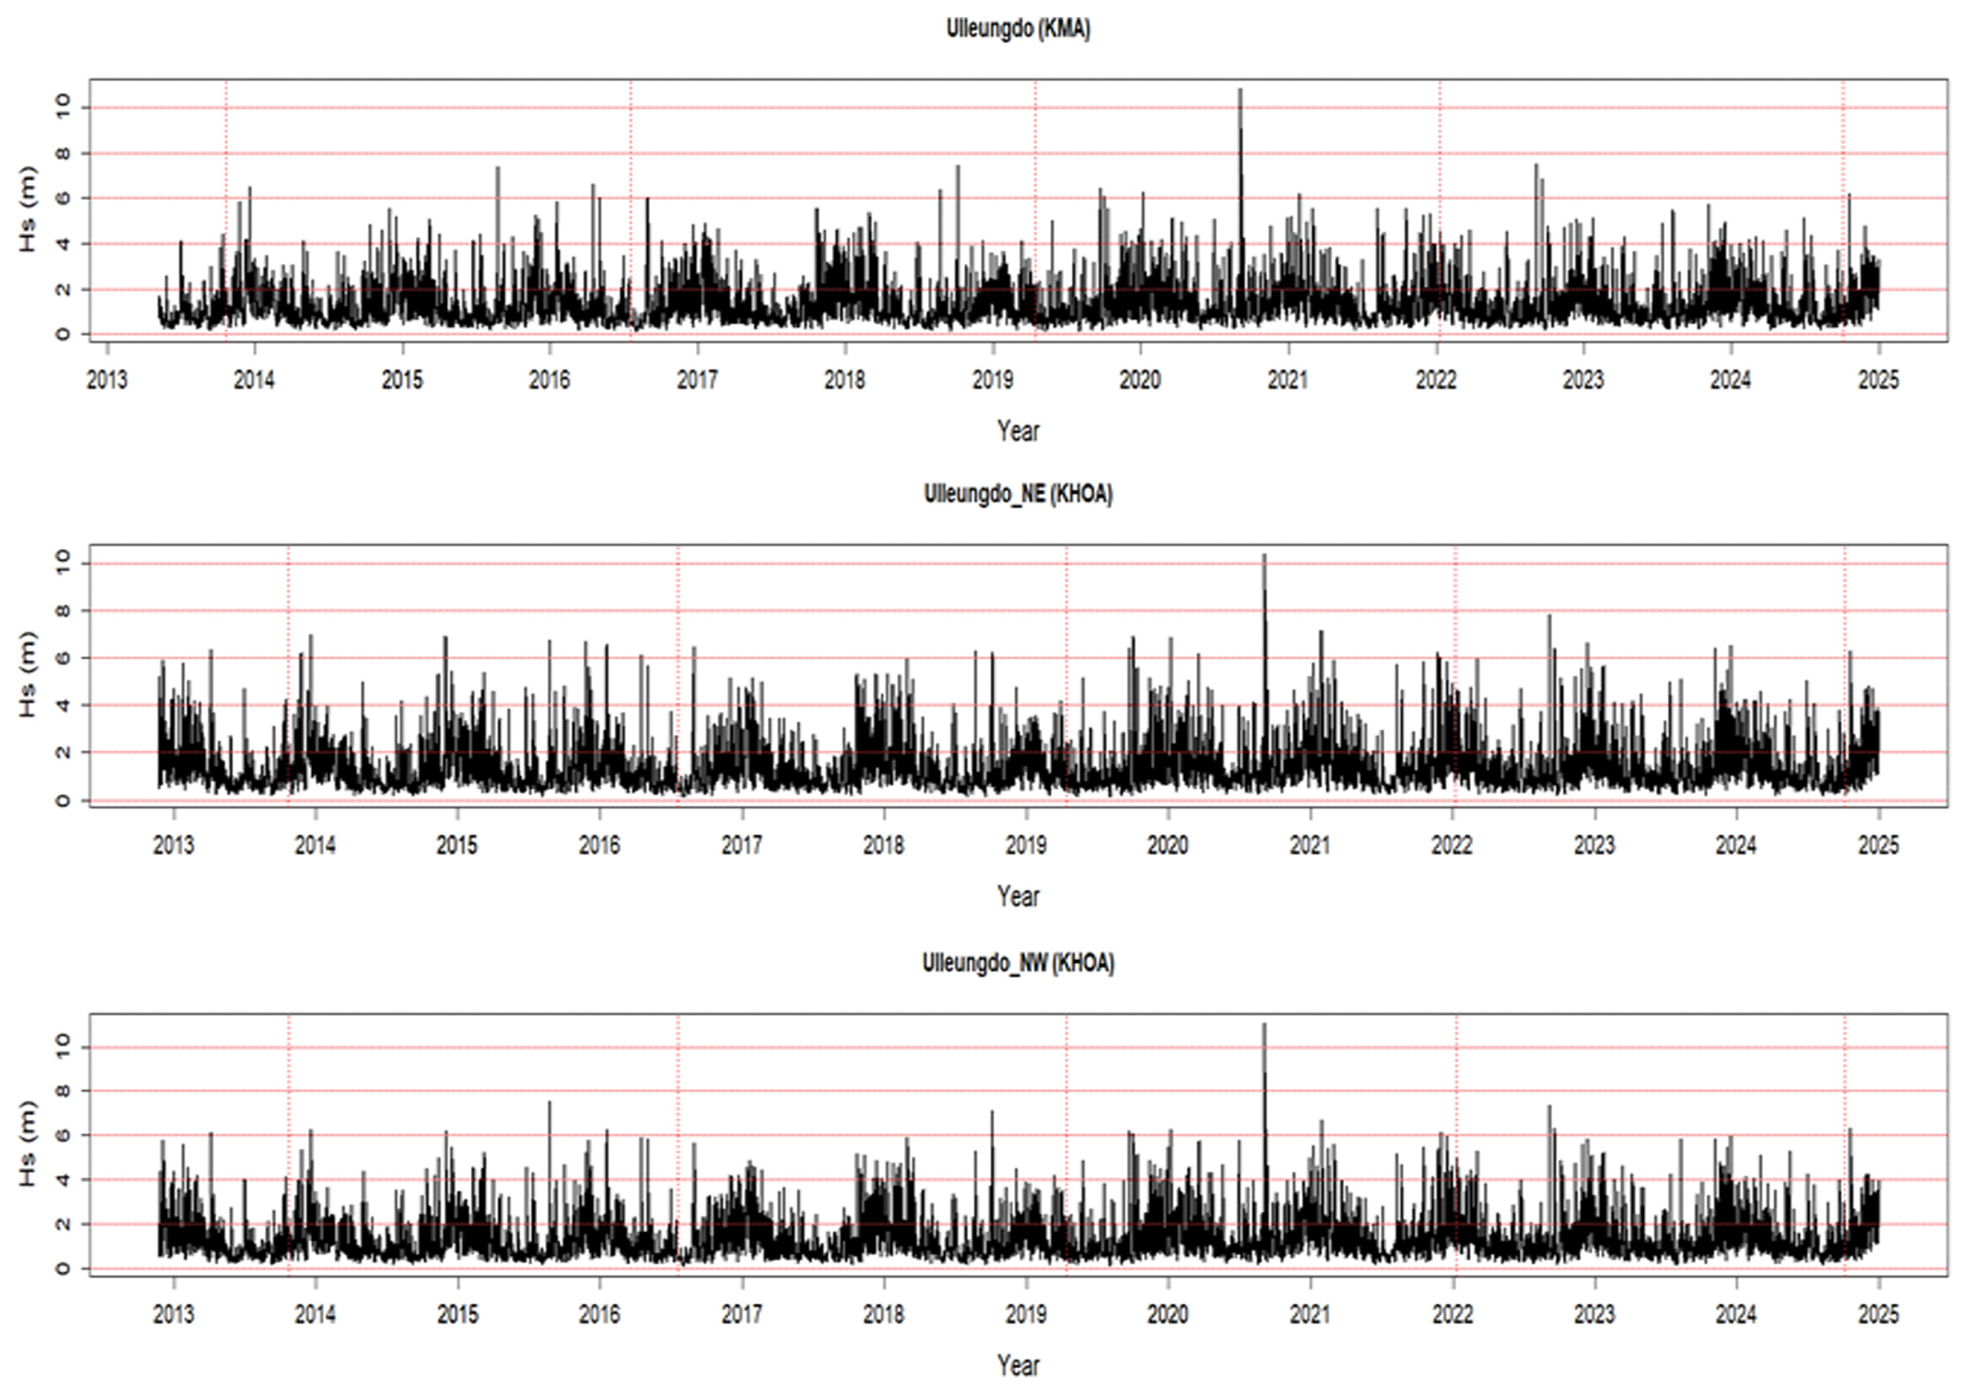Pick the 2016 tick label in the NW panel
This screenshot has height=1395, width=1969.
(x=599, y=1314)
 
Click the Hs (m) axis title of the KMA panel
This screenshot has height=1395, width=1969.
(x=28, y=209)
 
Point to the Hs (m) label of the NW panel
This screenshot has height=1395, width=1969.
(x=28, y=1144)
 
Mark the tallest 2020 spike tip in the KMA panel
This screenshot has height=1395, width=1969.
(x=1240, y=90)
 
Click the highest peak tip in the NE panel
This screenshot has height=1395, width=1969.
(x=1264, y=555)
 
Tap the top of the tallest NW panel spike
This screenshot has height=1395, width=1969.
(x=1264, y=1024)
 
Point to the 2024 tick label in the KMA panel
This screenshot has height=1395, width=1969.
(x=1730, y=380)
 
